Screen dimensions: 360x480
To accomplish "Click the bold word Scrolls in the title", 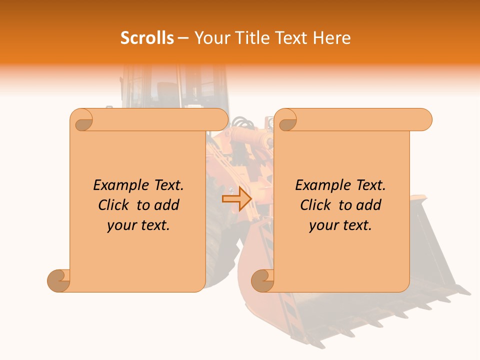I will pyautogui.click(x=147, y=38).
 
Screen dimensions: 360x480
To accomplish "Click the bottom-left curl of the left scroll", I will pyautogui.click(x=58, y=280).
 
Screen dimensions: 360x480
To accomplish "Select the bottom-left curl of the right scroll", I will pyautogui.click(x=262, y=280).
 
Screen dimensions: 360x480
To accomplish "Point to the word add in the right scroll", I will pyautogui.click(x=369, y=205).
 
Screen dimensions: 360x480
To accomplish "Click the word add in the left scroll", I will pyautogui.click(x=167, y=205).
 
